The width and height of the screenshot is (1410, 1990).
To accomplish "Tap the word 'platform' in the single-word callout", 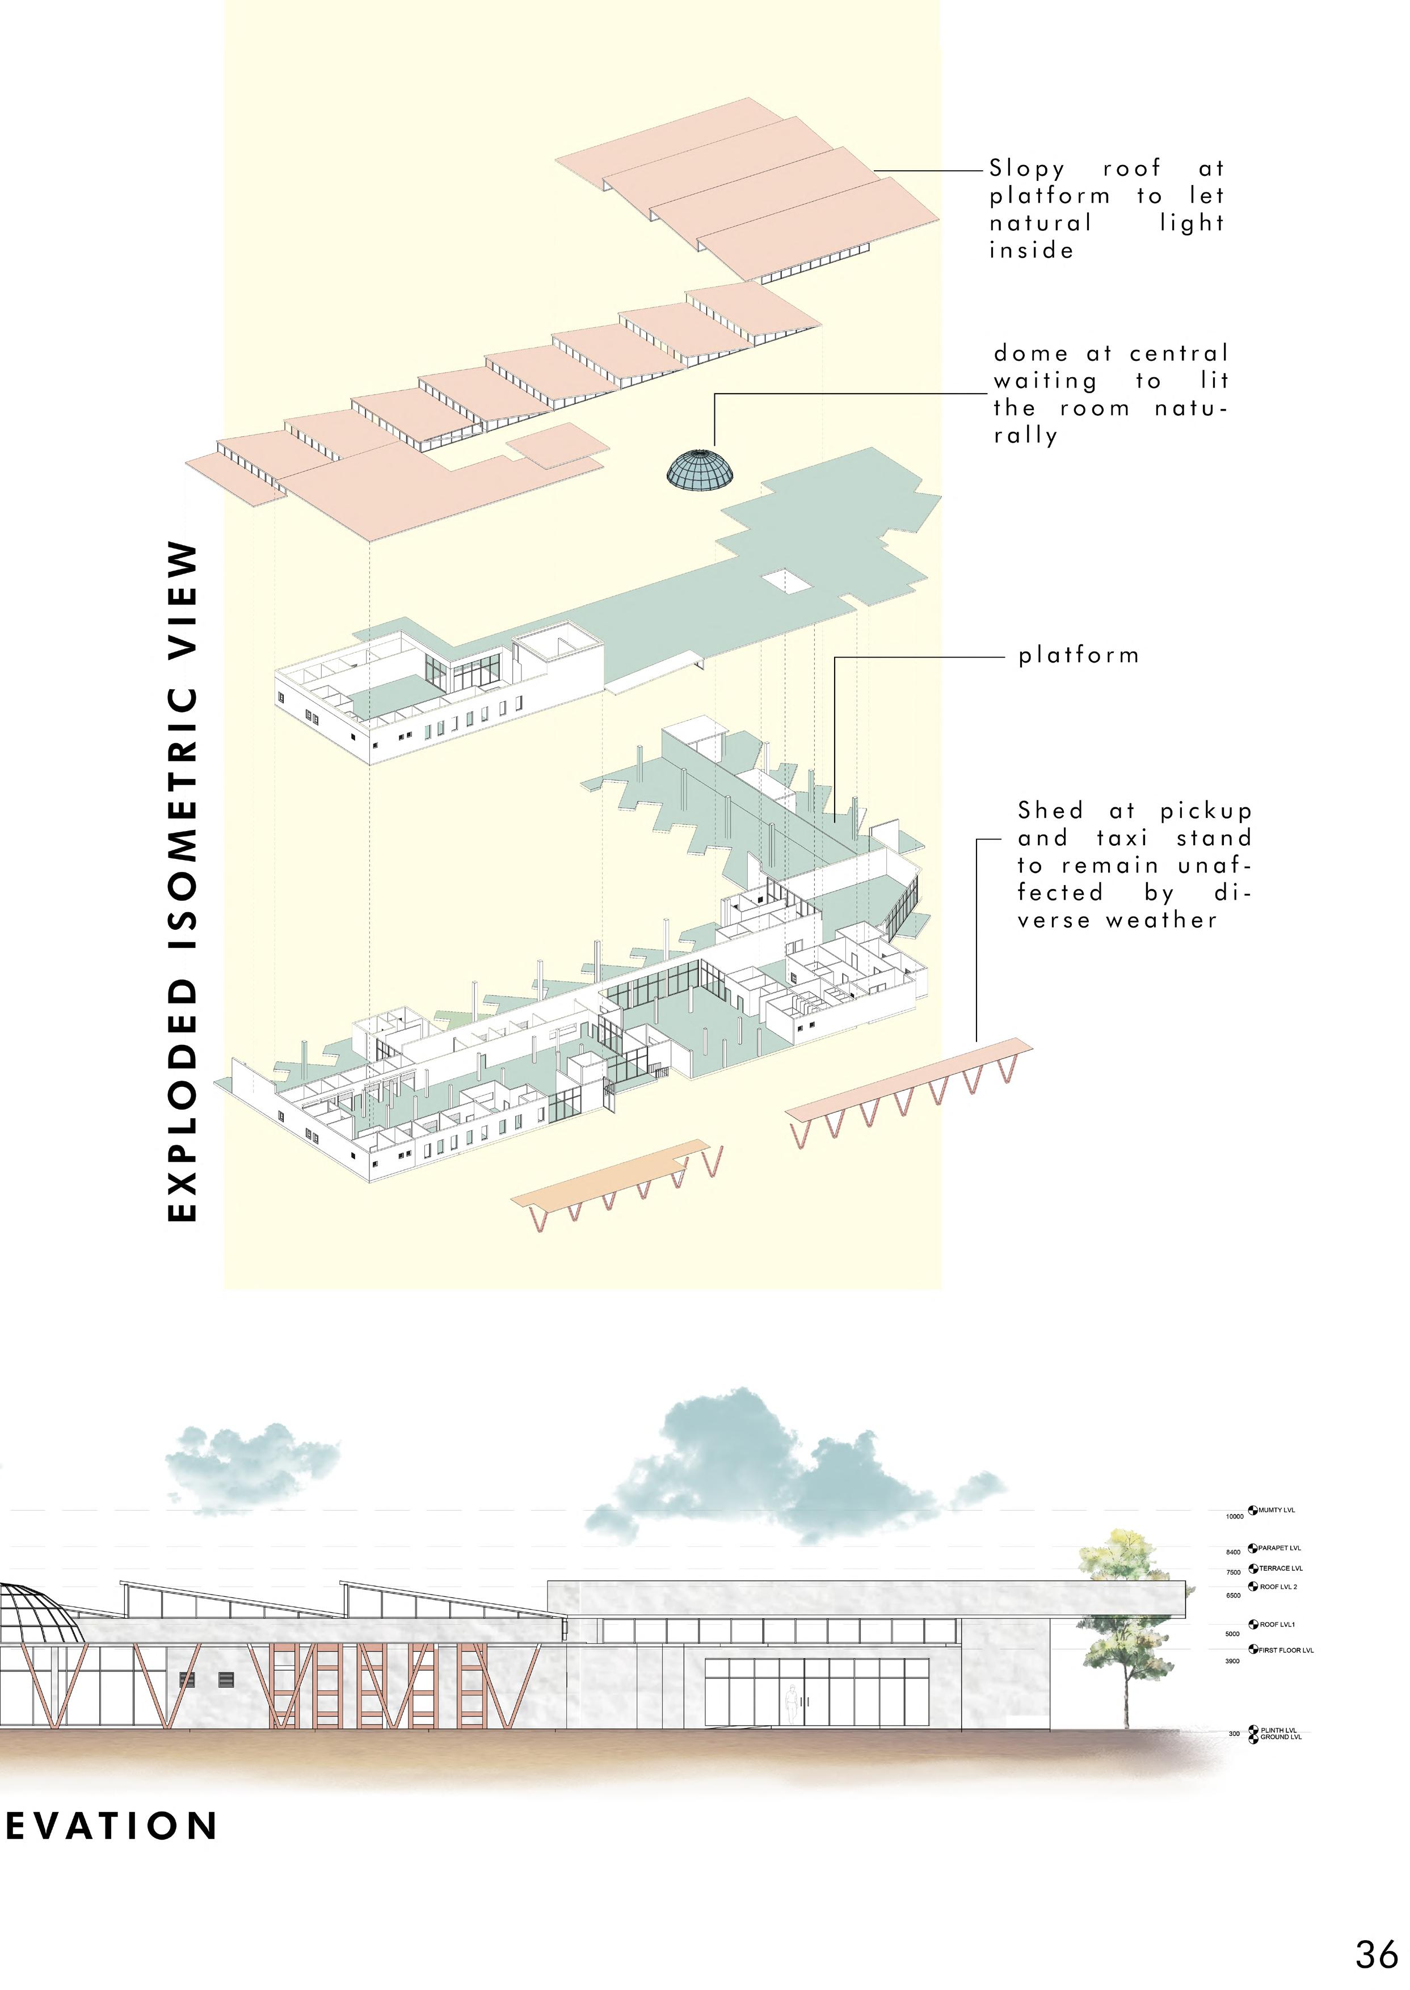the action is tap(1078, 656).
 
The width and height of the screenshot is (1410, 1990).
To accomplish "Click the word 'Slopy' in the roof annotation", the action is tap(1026, 169).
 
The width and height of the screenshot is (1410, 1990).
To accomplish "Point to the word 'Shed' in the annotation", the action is tap(1051, 811).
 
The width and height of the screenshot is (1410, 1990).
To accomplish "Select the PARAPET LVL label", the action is tap(1279, 1548).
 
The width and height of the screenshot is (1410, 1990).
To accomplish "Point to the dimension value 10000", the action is tap(1234, 1517).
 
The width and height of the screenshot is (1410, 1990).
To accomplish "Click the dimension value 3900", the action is tap(1232, 1661).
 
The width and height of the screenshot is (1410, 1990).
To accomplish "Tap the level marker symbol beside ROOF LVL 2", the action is tap(1253, 1587).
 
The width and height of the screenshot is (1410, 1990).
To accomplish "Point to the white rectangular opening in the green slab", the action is tap(786, 581).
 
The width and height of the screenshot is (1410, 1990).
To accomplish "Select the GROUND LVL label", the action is tap(1281, 1738).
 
